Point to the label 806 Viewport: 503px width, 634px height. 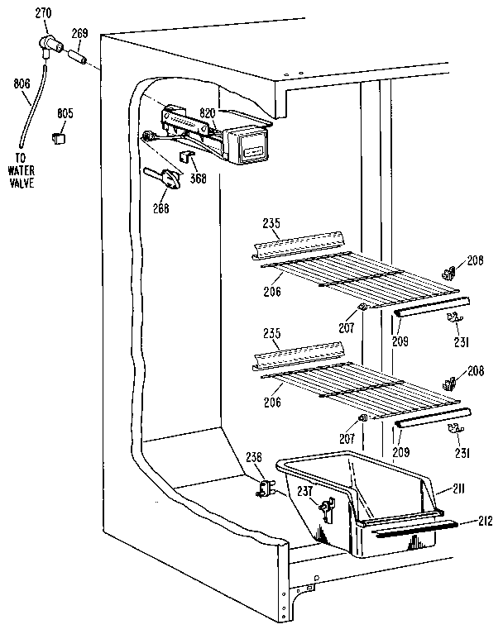pyautogui.click(x=22, y=83)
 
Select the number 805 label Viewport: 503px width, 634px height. pyautogui.click(x=64, y=113)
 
